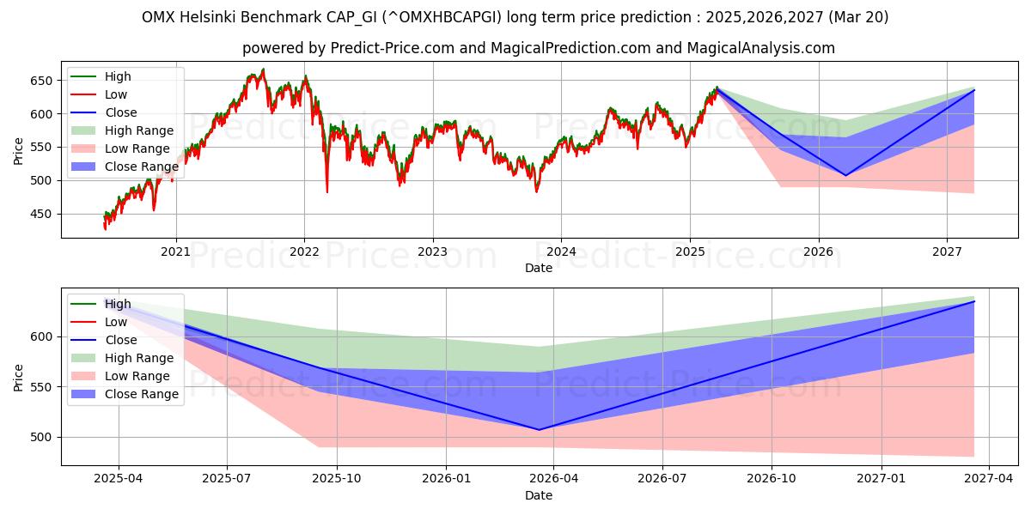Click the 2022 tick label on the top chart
[304, 251]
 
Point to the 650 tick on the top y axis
[42, 81]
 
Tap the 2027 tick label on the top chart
[947, 251]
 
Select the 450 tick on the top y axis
[42, 214]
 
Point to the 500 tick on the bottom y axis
[42, 437]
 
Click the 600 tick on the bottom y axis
[42, 336]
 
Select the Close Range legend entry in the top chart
[142, 167]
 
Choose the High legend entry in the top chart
[118, 76]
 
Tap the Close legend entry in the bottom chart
[121, 340]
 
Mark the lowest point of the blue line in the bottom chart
[539, 430]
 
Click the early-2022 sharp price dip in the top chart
[327, 191]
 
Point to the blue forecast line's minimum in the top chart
[845, 176]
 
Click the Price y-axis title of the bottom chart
[19, 377]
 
